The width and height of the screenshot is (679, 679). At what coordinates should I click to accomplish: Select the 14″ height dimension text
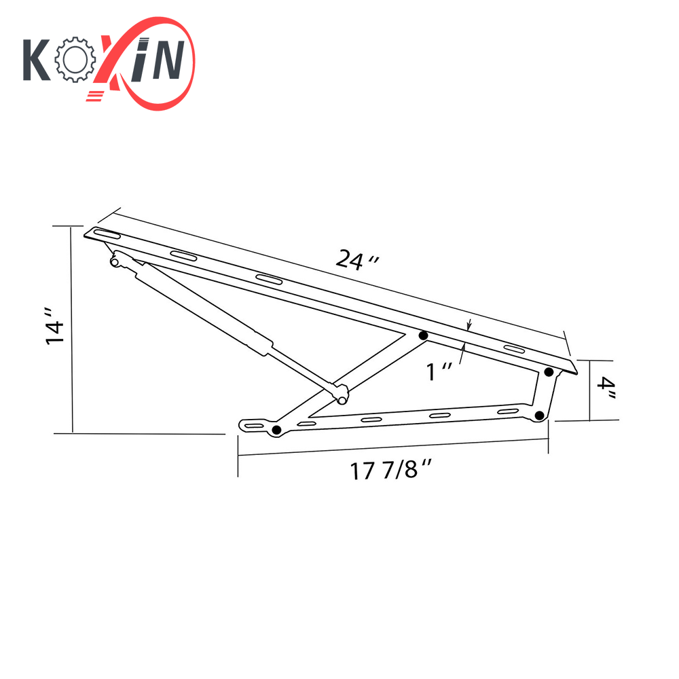tap(55, 327)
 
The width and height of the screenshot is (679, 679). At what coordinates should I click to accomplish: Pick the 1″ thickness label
tap(439, 371)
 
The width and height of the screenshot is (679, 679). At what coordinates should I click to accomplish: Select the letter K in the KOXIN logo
tap(37, 60)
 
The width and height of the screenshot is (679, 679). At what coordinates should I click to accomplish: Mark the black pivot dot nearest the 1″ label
tap(423, 335)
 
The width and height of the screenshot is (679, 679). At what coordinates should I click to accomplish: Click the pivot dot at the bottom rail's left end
tap(276, 430)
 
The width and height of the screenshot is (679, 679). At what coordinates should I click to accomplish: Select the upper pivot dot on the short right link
tap(549, 371)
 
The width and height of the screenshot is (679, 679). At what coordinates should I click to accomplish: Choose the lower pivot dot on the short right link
tap(539, 416)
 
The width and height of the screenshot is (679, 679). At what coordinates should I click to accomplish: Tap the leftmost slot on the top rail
tap(107, 235)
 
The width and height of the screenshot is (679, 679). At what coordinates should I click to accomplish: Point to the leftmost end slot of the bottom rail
tap(253, 426)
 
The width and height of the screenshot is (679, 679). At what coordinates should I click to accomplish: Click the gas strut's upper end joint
tap(116, 260)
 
